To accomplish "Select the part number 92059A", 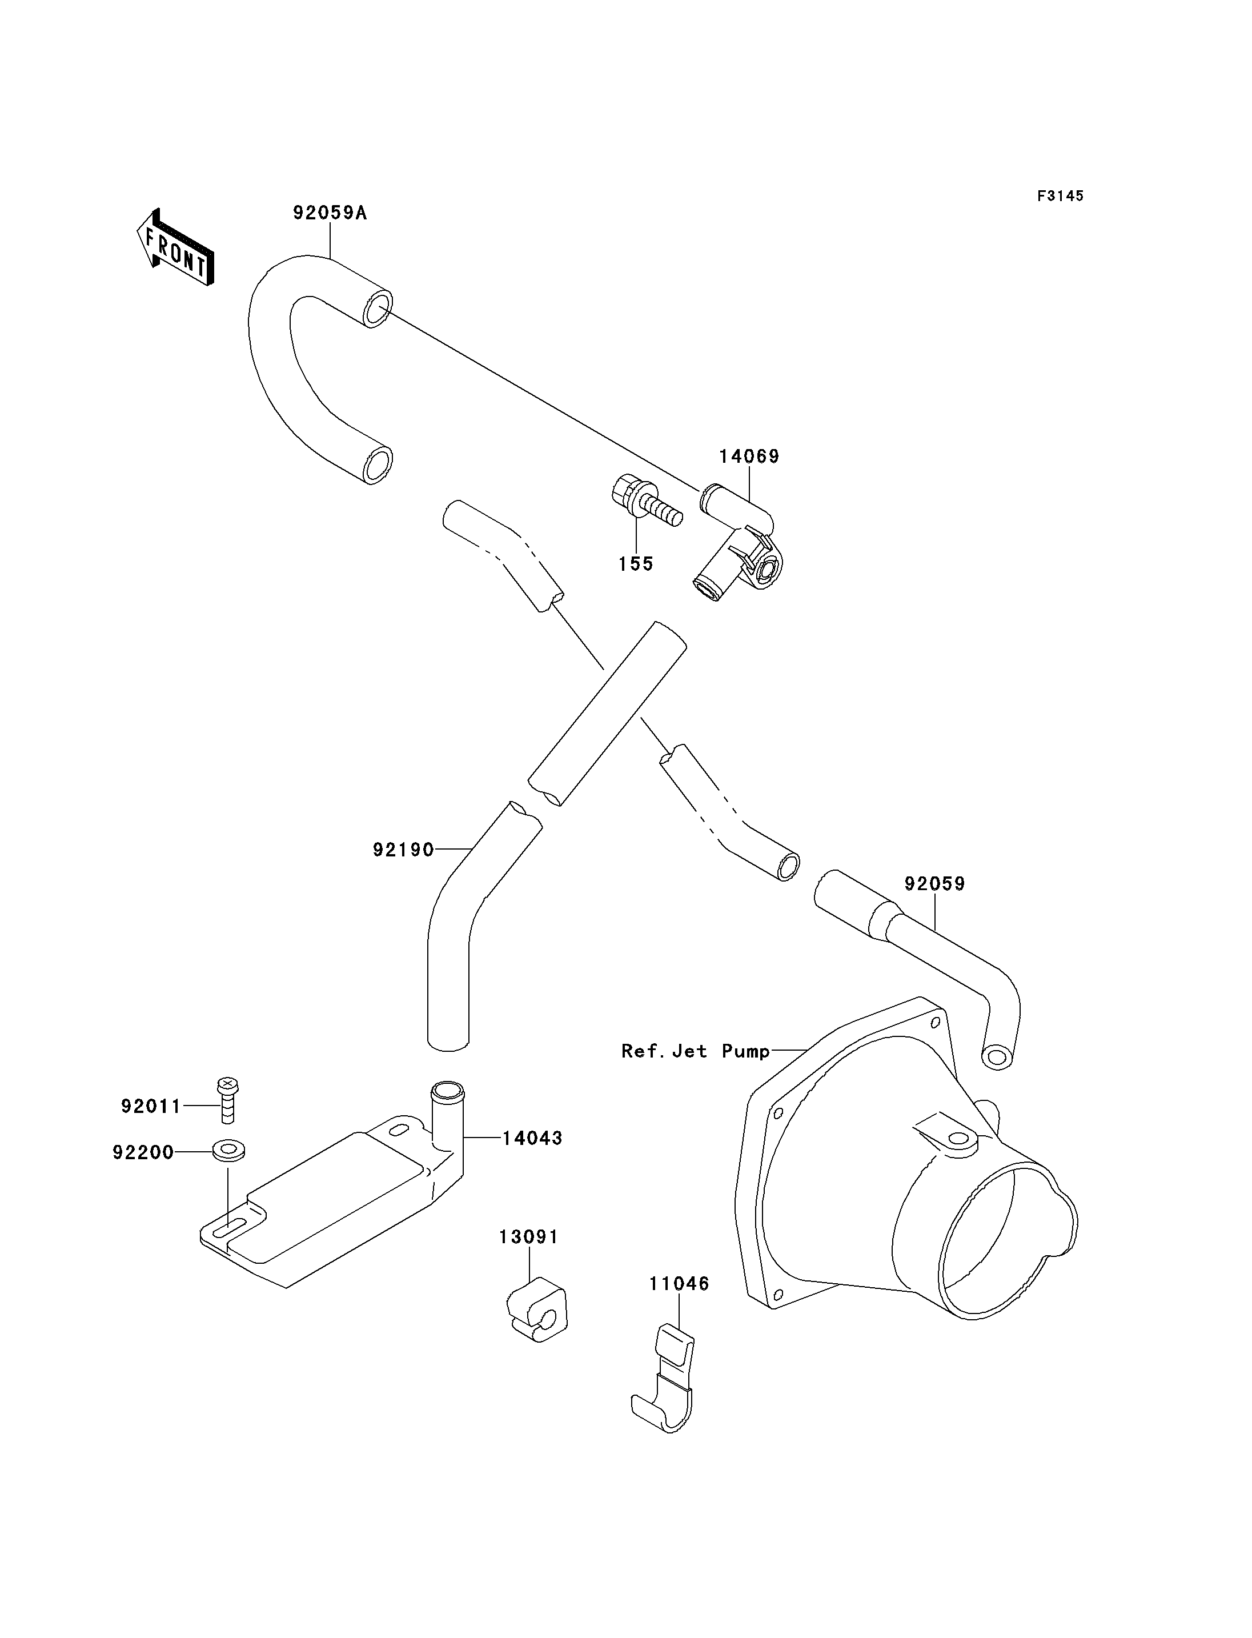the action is [x=330, y=213].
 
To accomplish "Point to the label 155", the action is [x=636, y=564].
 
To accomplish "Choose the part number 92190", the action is [x=403, y=850].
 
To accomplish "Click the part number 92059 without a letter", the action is [x=934, y=884].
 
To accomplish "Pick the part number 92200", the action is [x=143, y=1152].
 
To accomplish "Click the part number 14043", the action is [x=532, y=1139].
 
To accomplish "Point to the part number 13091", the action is [x=528, y=1237].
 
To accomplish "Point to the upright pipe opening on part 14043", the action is [x=447, y=1091].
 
